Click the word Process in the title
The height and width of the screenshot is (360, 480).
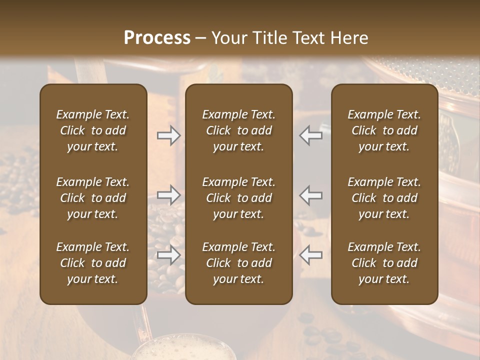157,38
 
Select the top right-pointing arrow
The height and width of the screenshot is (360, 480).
169,135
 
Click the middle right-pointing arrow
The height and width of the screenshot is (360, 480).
169,195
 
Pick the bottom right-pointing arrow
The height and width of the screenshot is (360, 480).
169,255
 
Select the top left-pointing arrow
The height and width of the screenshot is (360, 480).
311,135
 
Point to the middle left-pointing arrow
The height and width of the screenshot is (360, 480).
311,195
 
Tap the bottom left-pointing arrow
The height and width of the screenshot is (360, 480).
311,255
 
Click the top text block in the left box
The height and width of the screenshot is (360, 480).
93,130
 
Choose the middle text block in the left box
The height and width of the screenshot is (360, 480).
93,198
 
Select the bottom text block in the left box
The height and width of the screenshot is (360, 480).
93,263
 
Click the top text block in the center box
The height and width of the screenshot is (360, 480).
239,130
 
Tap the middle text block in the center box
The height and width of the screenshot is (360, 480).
239,198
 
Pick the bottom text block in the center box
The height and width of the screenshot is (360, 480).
239,263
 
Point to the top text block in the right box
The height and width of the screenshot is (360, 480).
384,130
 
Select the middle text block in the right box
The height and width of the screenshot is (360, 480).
384,198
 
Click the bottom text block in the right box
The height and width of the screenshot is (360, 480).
384,263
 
